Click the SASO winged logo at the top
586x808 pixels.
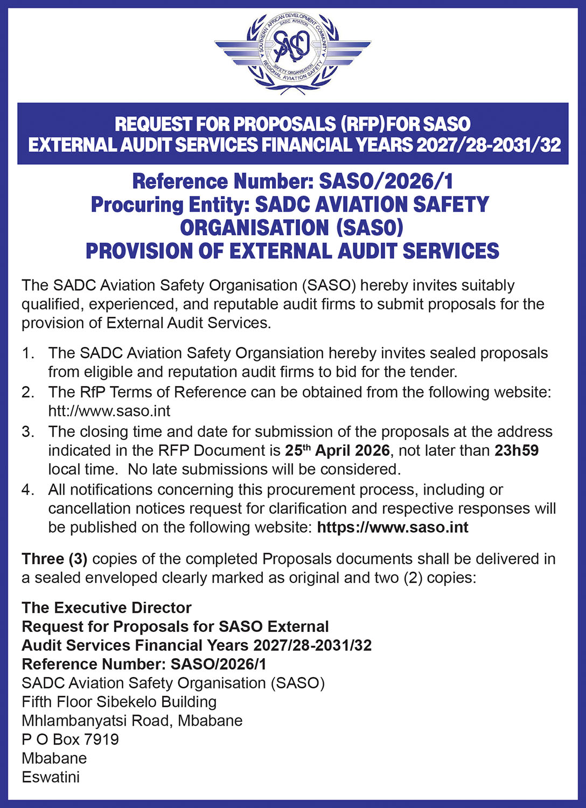[x=292, y=53]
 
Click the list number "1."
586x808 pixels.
[x=28, y=353]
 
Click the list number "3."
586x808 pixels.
[x=28, y=431]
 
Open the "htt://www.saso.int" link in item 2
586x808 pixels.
[x=109, y=411]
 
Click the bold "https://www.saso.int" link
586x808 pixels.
[x=393, y=527]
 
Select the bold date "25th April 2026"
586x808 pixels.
[x=337, y=450]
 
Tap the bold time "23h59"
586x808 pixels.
[x=516, y=450]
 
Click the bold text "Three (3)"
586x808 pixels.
[x=54, y=559]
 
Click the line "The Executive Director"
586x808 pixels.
[x=107, y=608]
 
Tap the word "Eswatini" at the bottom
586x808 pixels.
[x=51, y=777]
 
